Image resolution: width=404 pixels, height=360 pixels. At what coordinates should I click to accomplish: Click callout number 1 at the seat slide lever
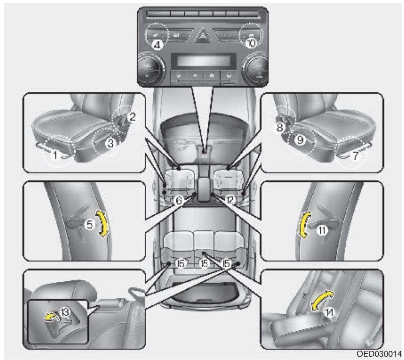tap(54, 155)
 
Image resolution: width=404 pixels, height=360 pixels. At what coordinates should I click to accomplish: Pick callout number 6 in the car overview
tap(179, 201)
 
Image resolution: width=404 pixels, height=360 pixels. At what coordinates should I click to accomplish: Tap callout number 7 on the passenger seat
tap(355, 155)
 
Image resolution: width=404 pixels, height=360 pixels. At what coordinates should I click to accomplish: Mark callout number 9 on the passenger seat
tap(300, 141)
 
